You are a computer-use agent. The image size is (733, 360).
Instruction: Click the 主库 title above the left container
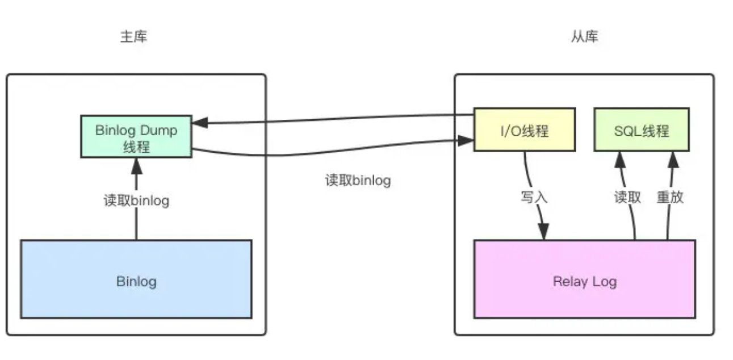pyautogui.click(x=133, y=37)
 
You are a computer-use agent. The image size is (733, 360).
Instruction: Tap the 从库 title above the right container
pyautogui.click(x=584, y=37)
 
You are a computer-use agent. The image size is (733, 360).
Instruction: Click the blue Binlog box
pyautogui.click(x=136, y=279)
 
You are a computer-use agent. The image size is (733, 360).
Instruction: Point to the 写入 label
pyautogui.click(x=534, y=197)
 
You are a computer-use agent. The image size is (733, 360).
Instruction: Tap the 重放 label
pyautogui.click(x=670, y=197)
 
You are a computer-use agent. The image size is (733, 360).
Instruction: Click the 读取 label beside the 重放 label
pyautogui.click(x=627, y=197)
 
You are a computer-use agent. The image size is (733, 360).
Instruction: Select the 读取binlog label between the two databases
pyautogui.click(x=358, y=181)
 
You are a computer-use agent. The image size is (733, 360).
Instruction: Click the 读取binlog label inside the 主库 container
pyautogui.click(x=136, y=200)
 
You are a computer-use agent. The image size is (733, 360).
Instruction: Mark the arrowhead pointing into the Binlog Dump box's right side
pyautogui.click(x=199, y=123)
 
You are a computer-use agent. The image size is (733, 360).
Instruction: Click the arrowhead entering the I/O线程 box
pyautogui.click(x=467, y=139)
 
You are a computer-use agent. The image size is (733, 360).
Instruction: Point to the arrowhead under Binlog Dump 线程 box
pyautogui.click(x=136, y=165)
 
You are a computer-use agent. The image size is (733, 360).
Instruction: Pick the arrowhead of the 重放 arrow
pyautogui.click(x=674, y=159)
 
